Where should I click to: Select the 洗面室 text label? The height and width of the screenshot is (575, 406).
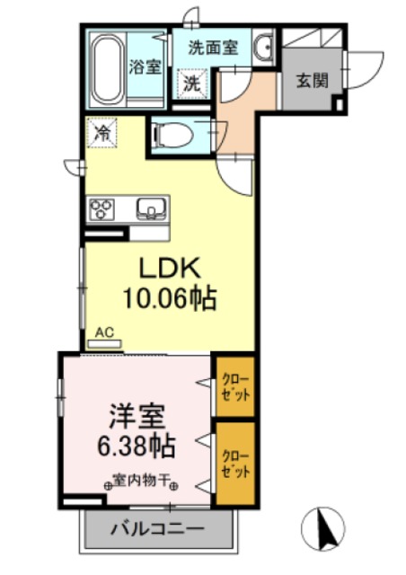tap(213, 48)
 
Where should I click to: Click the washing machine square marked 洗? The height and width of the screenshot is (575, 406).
tap(193, 84)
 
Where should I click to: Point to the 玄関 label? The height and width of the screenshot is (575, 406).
tap(312, 80)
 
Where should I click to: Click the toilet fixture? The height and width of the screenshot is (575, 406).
tap(172, 135)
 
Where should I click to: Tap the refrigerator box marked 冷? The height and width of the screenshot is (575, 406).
tap(104, 134)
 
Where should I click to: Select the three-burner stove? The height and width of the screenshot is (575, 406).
tap(101, 210)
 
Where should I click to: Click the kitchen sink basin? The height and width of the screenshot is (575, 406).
tap(151, 210)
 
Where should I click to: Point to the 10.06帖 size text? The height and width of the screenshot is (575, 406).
tap(171, 298)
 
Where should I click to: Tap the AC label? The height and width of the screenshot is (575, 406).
tap(105, 332)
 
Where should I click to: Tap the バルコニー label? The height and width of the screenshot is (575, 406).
tap(158, 529)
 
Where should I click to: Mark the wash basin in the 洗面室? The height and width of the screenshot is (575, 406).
tap(263, 48)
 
